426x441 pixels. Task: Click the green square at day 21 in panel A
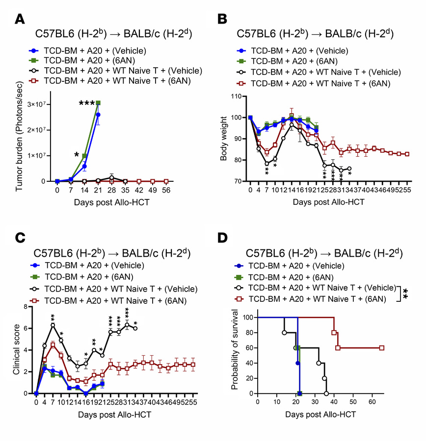[x=99, y=103]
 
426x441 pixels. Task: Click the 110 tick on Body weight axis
[x=240, y=97]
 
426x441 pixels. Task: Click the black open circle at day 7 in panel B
[x=267, y=164]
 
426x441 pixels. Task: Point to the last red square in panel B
[x=407, y=154]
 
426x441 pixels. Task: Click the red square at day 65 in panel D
[x=381, y=348]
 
